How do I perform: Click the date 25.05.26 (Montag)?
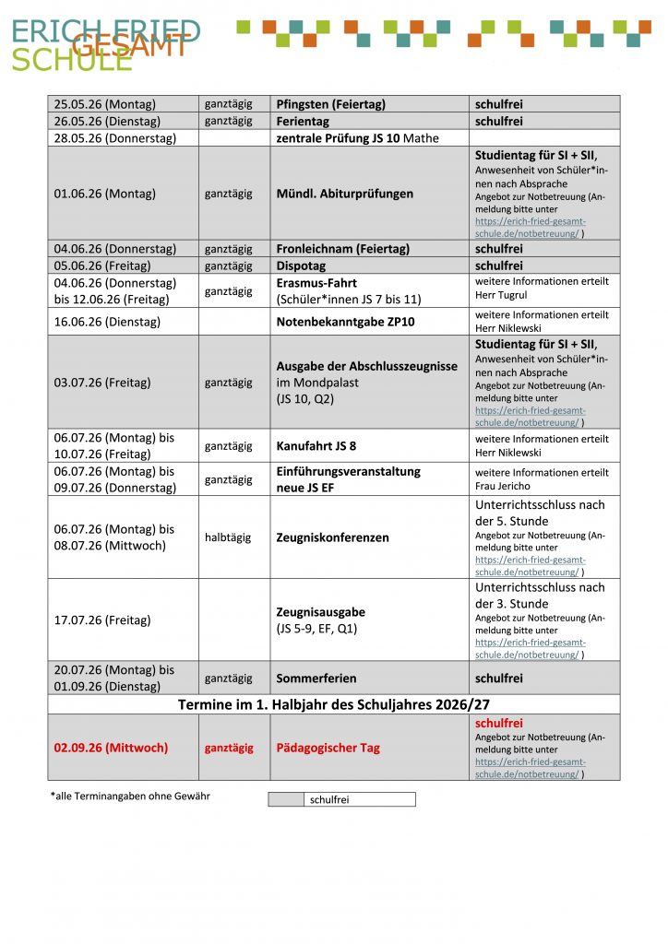click(x=105, y=104)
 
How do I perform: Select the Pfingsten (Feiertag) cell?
click(x=330, y=104)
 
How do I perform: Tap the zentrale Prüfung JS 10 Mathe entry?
click(x=357, y=138)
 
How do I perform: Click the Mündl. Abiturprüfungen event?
click(x=345, y=194)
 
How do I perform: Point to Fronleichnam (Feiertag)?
click(x=342, y=249)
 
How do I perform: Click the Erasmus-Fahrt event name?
click(x=316, y=283)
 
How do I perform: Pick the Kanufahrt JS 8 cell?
click(x=316, y=446)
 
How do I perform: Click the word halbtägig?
click(x=228, y=537)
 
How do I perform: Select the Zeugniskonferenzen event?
click(x=332, y=537)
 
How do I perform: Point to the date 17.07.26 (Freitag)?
click(x=102, y=620)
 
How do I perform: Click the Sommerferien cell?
click(x=316, y=678)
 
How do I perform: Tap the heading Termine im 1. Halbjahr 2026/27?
click(x=334, y=704)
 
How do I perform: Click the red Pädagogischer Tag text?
click(x=328, y=748)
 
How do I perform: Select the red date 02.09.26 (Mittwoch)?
click(x=111, y=748)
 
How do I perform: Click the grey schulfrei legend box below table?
click(x=286, y=799)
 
